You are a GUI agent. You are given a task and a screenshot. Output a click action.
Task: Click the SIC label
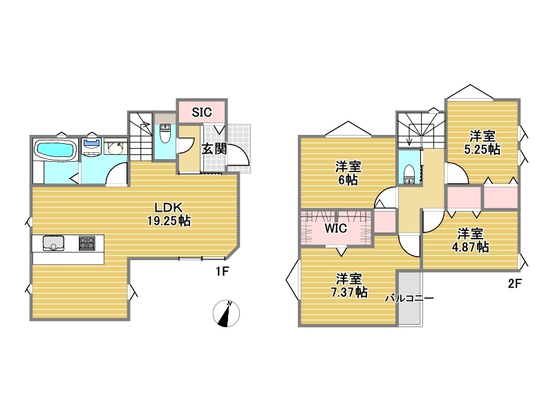point(202,112)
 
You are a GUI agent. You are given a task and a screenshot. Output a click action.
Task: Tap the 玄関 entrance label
point(214,149)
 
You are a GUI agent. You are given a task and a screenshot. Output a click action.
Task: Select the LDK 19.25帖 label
point(169,214)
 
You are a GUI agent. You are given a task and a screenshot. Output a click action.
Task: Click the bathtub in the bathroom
point(56,151)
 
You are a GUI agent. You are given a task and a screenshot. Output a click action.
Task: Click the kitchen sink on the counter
point(53,243)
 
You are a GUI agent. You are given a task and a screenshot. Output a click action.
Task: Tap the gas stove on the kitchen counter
point(87,243)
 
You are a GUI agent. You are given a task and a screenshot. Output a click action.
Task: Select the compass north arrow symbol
point(226,314)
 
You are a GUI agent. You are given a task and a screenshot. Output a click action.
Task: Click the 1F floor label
point(223,271)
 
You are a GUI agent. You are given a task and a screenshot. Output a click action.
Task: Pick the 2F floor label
point(514,284)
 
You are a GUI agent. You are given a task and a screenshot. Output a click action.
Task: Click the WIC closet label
point(336,228)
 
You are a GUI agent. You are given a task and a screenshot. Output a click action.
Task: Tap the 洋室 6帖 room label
point(348,173)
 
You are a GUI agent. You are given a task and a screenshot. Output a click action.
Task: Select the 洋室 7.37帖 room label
point(348,285)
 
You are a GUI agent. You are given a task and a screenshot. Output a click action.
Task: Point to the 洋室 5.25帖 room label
point(482,142)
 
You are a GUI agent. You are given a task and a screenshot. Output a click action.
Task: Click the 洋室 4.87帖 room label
point(470,240)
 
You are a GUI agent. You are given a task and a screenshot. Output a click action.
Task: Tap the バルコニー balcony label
point(409,298)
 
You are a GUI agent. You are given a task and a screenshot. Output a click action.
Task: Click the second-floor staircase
point(421,130)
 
